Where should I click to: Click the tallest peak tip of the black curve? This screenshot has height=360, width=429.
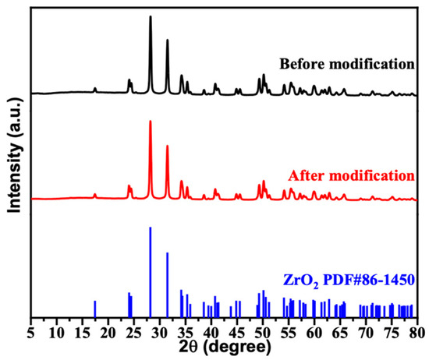(x=151, y=16)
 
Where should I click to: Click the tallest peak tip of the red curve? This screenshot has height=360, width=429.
(x=151, y=122)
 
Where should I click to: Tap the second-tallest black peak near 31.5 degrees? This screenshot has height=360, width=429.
(x=167, y=41)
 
